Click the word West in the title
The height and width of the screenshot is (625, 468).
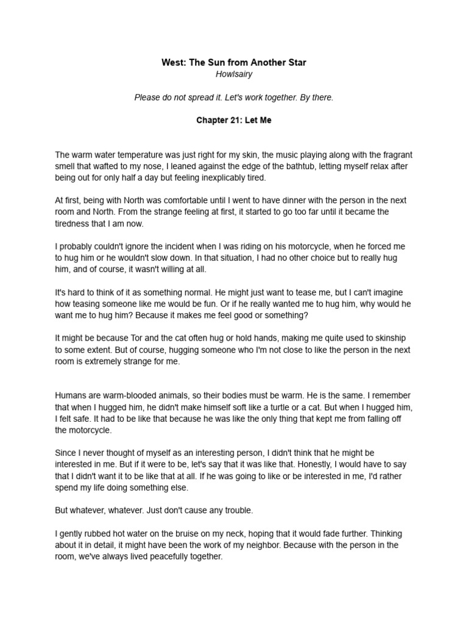coord(173,62)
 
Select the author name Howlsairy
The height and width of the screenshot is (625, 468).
coord(234,74)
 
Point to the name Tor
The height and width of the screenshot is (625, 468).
coord(138,338)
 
